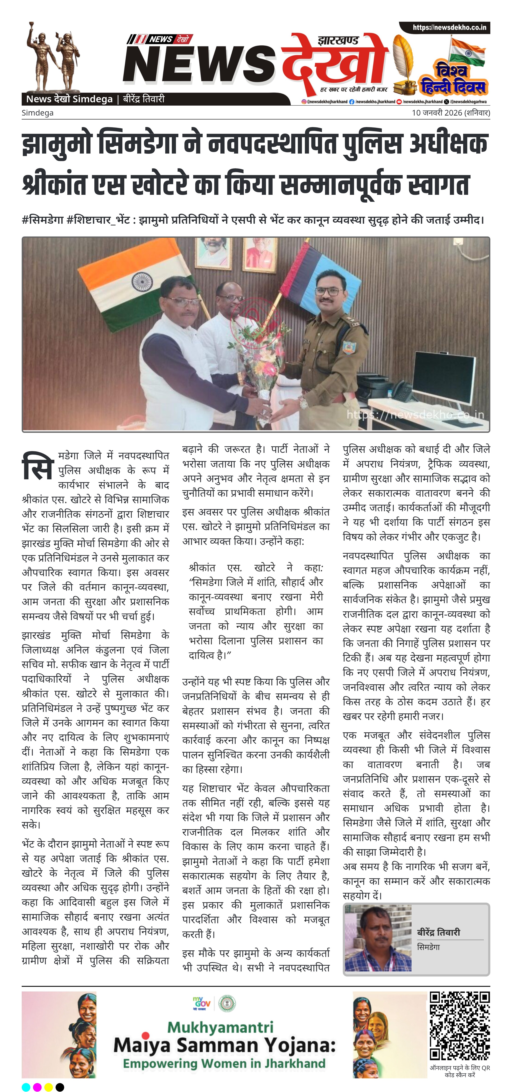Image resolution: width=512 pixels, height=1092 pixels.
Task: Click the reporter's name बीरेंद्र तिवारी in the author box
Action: (438, 932)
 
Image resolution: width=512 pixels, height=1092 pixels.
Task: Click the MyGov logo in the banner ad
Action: (202, 1003)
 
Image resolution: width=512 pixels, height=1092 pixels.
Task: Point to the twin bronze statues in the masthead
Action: (53, 57)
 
